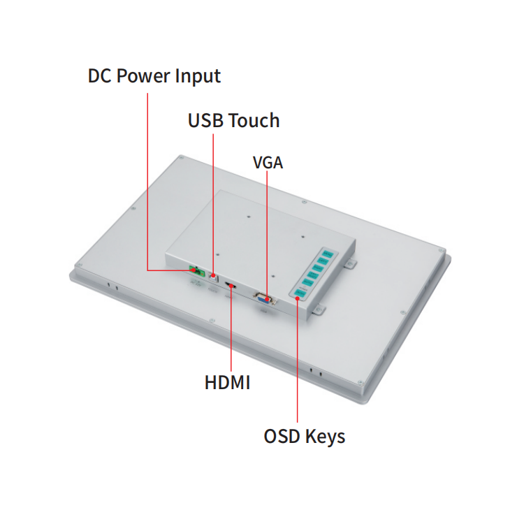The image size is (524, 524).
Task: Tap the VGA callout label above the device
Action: [x=268, y=163]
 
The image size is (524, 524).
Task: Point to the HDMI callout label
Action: [x=227, y=382]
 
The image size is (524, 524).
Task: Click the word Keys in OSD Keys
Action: [x=325, y=437]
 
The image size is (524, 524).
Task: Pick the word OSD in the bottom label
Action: [x=282, y=436]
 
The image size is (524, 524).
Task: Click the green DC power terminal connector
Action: [x=197, y=271]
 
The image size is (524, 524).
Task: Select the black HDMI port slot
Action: [x=230, y=285]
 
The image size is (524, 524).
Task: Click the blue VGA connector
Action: [x=264, y=298]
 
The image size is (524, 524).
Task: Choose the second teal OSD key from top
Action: [x=323, y=261]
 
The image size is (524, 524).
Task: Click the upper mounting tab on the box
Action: [x=350, y=264]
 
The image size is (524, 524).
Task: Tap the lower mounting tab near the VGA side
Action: [x=319, y=310]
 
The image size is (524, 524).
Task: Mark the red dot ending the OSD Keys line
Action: [x=297, y=298]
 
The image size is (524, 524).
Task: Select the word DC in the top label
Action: [x=99, y=75]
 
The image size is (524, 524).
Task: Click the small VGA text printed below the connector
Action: [x=263, y=312]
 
